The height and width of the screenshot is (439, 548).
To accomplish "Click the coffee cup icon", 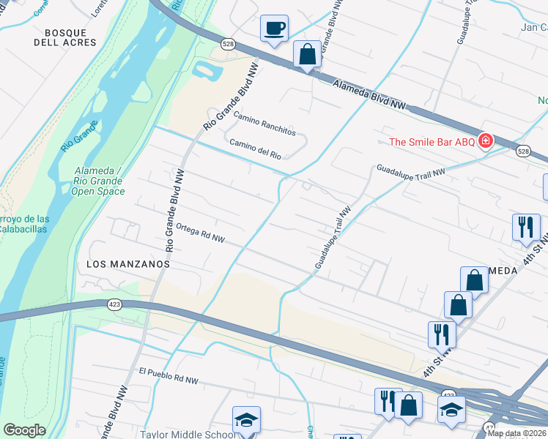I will pos(275,29).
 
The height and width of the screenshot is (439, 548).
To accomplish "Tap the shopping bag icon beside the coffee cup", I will pos(307,54).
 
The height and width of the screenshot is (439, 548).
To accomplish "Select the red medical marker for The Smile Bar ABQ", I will pos(484,140).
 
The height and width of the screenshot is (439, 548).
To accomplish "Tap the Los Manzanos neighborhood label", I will pos(128,263).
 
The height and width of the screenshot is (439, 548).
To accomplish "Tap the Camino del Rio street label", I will pos(255,149).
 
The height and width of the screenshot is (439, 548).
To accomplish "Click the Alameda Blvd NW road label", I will pos(369,95).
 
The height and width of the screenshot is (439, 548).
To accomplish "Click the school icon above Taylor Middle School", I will pos(246,419).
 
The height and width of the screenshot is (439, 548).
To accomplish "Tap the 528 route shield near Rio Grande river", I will pos(229,43).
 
